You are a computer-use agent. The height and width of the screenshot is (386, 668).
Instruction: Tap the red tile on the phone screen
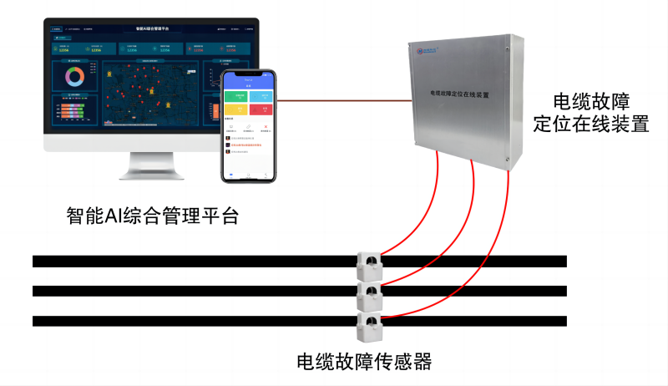click(264, 110)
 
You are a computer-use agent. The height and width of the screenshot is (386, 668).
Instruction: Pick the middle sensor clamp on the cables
click(369, 293)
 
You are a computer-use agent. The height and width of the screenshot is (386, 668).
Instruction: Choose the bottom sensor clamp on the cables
click(369, 323)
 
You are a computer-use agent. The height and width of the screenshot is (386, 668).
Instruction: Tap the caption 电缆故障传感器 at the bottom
click(364, 363)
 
